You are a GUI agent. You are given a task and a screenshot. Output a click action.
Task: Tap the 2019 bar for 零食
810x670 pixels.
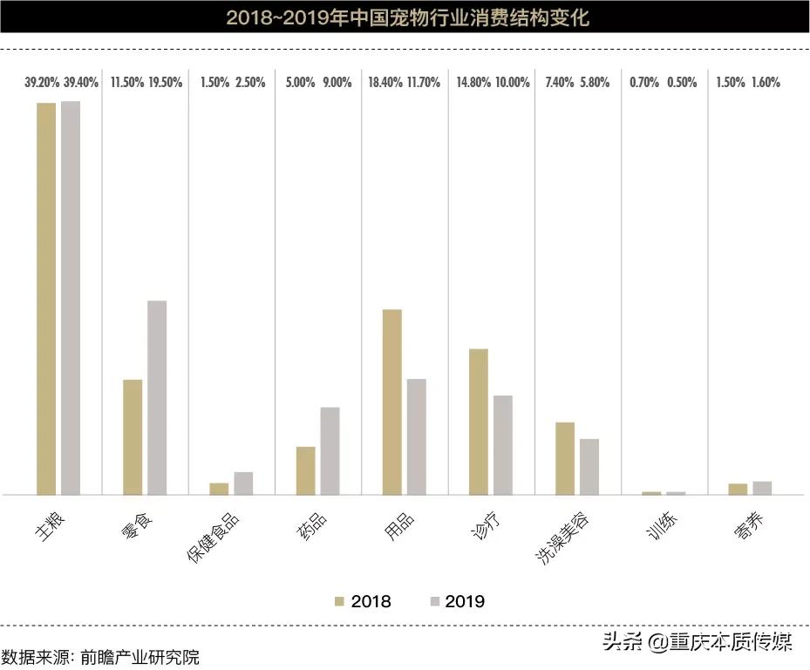tap(157, 397)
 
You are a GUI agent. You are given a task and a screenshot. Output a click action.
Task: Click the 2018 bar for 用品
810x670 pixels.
tap(392, 402)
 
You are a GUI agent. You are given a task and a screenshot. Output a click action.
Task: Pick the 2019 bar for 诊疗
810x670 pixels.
tap(503, 444)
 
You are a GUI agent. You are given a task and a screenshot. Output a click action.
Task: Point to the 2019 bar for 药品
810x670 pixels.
tap(330, 450)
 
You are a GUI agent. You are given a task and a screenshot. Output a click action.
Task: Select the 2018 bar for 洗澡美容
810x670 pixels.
tap(565, 457)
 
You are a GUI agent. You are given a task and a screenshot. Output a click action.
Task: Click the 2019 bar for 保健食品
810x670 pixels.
tap(243, 484)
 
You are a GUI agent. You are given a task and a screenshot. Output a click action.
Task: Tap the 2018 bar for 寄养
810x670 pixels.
tap(738, 489)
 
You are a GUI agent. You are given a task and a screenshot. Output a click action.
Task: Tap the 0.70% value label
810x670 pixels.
tap(644, 84)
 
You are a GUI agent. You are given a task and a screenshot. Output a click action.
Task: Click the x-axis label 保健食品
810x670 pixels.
tap(214, 537)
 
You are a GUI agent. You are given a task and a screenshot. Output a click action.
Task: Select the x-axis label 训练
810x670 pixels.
tap(665, 525)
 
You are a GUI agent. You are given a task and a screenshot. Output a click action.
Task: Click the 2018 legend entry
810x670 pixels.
tap(364, 601)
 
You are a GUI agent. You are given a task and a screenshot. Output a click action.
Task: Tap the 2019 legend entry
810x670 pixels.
tap(457, 601)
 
